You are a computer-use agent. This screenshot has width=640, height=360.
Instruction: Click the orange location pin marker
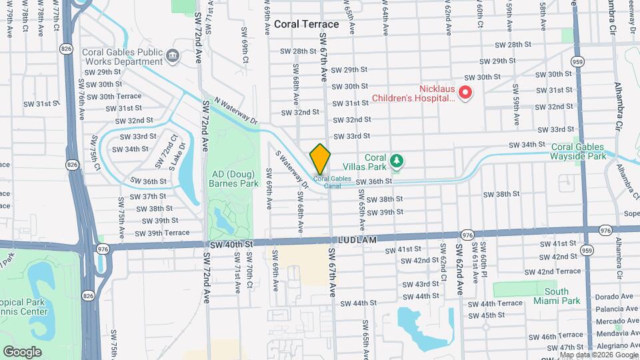coord(320,159)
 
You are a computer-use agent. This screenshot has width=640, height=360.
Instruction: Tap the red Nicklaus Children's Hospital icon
coord(466,93)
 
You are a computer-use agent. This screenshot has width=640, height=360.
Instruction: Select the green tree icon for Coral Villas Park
coord(397,160)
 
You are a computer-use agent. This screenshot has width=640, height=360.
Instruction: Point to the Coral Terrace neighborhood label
coord(306,24)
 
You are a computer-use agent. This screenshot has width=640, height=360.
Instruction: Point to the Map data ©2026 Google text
coord(597,355)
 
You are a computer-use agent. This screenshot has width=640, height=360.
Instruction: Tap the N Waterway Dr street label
coord(236,110)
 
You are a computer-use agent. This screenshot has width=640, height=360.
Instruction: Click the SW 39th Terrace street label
coord(162,233)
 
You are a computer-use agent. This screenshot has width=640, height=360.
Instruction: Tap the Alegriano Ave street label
coord(608,347)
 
